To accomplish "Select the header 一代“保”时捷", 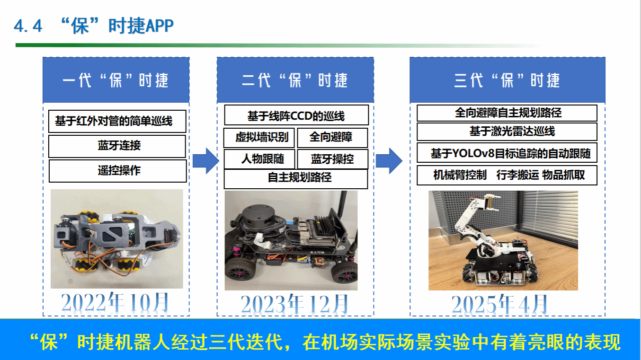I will pos(116,80).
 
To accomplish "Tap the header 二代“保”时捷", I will pos(295,80).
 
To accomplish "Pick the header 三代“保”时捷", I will pos(507,80).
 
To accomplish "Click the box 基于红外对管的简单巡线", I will pos(117,122).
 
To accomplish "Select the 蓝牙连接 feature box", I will pos(117,146).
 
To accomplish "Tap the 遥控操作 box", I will pos(117,171).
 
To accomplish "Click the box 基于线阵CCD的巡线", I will pos(296,115).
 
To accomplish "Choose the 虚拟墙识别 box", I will pos(259,138).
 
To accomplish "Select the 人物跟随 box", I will pos(259,159).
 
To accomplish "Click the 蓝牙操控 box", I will pos(332,159).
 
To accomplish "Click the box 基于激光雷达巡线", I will pos(507,132).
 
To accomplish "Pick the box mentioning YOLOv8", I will pos(507,153).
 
